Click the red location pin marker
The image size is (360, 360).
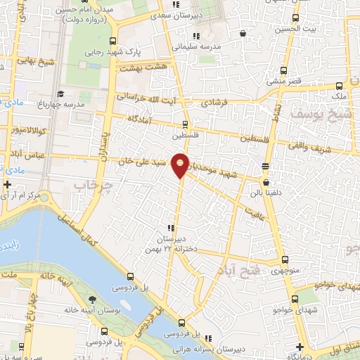(181, 165)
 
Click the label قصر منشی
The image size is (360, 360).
(283, 81)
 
